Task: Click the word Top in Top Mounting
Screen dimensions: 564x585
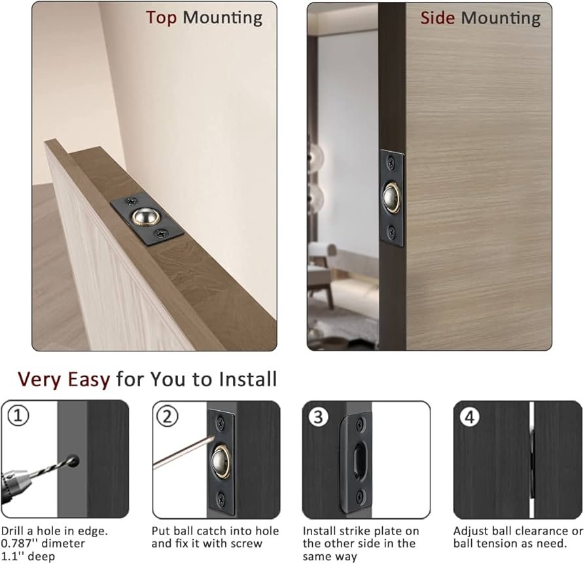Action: [161, 18]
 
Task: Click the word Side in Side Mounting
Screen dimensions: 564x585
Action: [438, 18]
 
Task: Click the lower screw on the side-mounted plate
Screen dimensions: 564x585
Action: [391, 232]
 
